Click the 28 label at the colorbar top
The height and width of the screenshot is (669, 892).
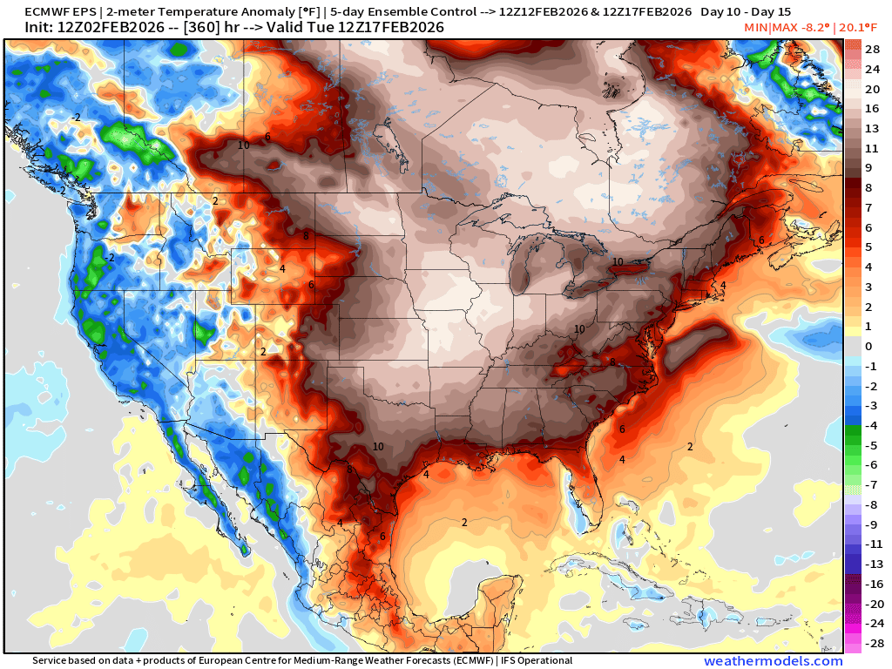click(871, 49)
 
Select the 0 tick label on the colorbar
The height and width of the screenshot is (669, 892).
click(868, 346)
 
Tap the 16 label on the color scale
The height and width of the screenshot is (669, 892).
click(871, 108)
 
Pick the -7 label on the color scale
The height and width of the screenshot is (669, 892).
click(871, 484)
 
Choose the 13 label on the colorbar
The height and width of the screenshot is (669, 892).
click(871, 128)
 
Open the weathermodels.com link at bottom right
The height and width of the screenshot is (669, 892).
click(774, 661)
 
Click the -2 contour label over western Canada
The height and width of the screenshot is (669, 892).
click(77, 117)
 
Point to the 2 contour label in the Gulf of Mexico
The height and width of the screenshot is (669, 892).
click(464, 523)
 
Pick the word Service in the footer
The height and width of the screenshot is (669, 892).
click(51, 661)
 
